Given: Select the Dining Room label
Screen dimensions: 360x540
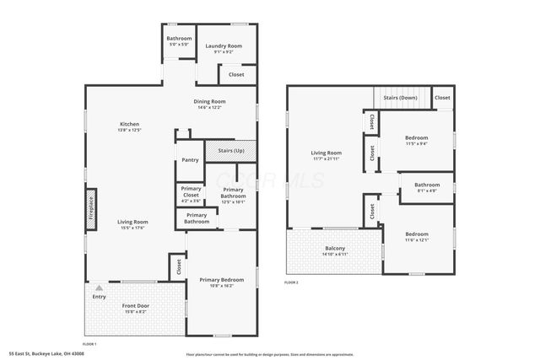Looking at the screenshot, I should [209, 104].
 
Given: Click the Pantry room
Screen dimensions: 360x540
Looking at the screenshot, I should [190, 159].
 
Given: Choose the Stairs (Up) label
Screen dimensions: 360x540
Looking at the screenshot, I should [231, 150].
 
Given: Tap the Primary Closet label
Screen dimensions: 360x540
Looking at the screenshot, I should [192, 193].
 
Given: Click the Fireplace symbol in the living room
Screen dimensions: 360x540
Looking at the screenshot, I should [91, 207].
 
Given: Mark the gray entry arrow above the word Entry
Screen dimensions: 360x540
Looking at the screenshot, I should [99, 287].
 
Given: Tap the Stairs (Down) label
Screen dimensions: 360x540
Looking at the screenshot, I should [400, 98].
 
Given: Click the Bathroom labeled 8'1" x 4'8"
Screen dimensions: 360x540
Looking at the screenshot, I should [426, 187].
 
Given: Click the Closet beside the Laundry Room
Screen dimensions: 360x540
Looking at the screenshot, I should [236, 74].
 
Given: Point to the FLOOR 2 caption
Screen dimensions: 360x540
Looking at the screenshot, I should [291, 282].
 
